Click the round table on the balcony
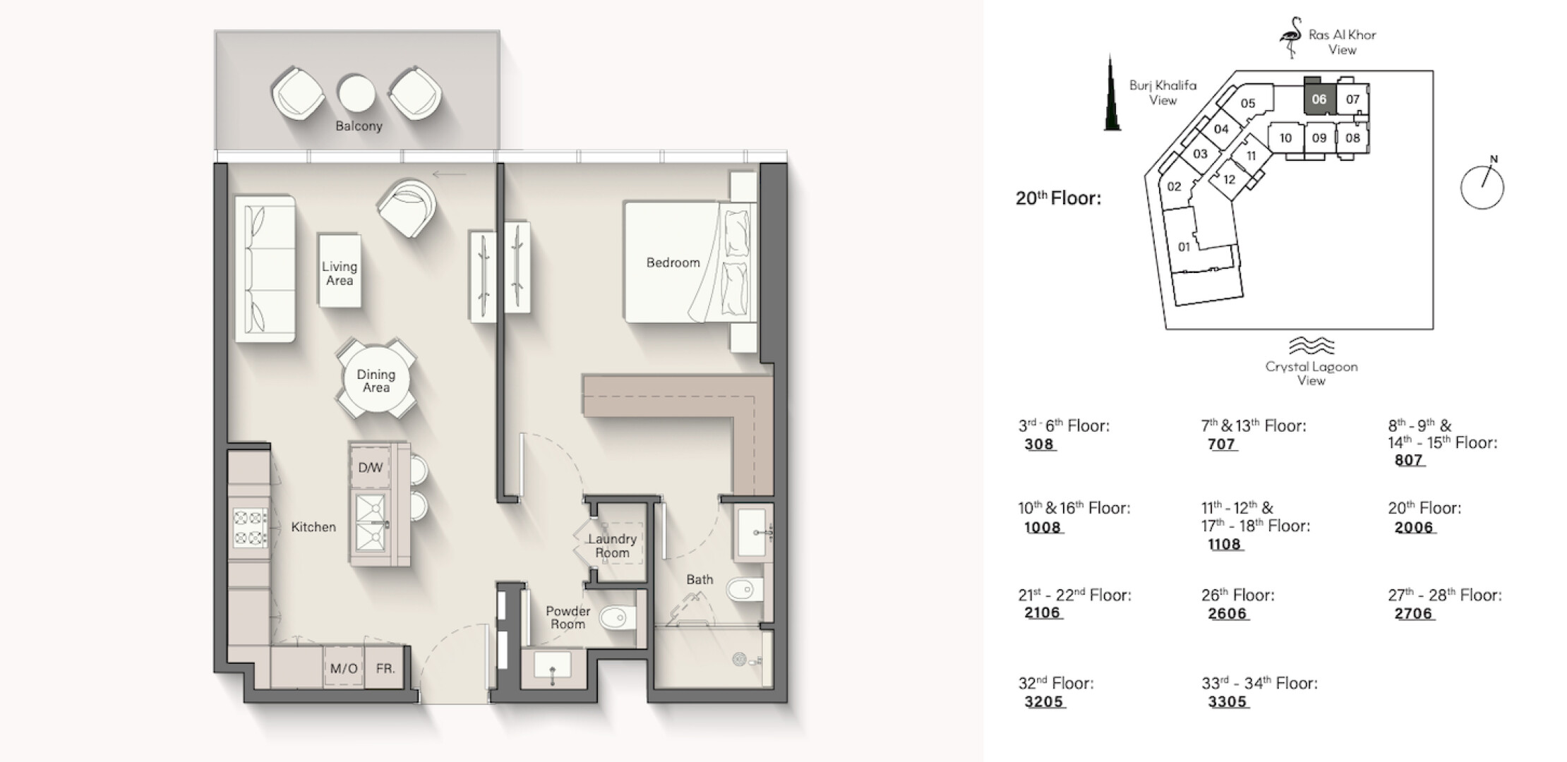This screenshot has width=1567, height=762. (x=356, y=92)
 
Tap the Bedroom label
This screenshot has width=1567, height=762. (x=673, y=262)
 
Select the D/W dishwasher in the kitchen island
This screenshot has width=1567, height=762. (x=371, y=467)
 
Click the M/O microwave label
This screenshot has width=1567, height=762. (x=344, y=668)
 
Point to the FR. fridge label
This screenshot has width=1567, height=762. (x=385, y=668)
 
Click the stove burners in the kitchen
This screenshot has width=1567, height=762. (x=250, y=528)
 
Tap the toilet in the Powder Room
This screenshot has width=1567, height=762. (x=617, y=619)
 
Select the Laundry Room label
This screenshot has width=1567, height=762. (x=612, y=545)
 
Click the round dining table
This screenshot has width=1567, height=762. (x=376, y=381)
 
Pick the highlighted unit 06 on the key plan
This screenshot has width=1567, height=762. (x=1319, y=99)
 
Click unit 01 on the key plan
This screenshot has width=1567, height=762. (x=1184, y=247)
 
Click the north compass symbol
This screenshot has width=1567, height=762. (x=1482, y=186)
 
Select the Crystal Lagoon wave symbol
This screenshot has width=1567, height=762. (x=1311, y=346)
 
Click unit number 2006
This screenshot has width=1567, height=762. (x=1414, y=527)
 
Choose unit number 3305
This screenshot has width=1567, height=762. (x=1227, y=702)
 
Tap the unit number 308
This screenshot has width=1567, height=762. (x=1039, y=445)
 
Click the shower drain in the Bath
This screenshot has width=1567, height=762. (x=739, y=660)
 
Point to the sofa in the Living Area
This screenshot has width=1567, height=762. (x=265, y=269)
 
